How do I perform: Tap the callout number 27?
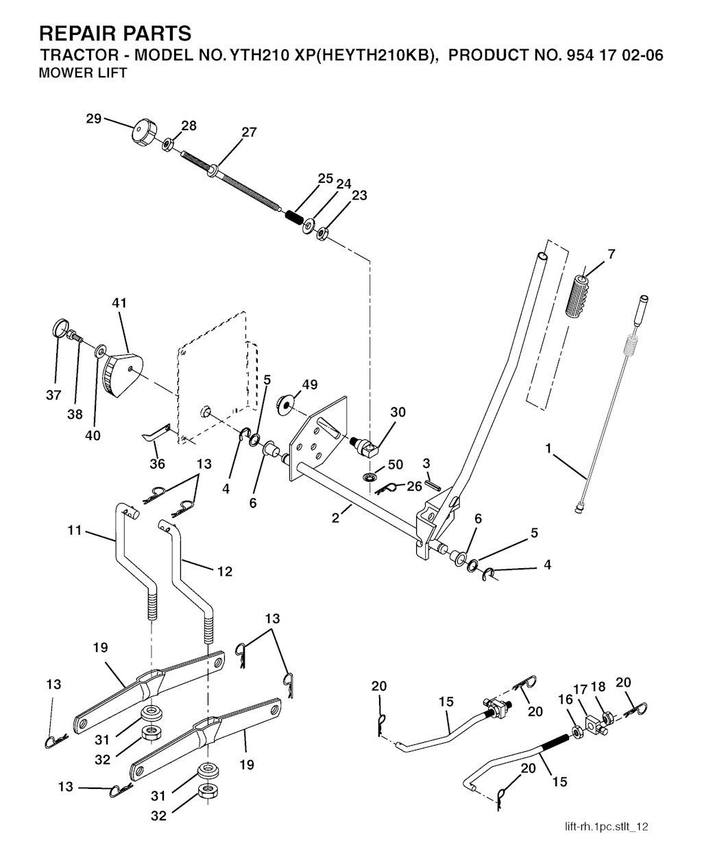249,132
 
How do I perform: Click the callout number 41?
119,303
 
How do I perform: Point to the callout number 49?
309,385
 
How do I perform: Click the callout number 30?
398,413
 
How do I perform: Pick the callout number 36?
158,464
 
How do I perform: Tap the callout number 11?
75,529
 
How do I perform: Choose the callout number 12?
225,571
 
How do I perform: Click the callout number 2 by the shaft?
335,519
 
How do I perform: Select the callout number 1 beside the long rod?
548,448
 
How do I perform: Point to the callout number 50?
396,465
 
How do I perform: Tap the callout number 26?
414,487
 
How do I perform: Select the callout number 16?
566,700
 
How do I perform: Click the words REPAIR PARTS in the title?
115,33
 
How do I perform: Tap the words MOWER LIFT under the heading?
83,73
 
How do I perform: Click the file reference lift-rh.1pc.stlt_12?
602,827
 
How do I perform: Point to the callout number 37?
54,395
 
